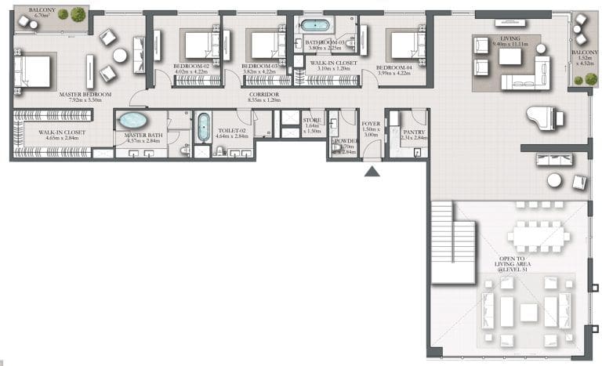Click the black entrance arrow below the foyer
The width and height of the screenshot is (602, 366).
372,170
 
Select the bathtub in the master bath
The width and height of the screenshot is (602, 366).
132,121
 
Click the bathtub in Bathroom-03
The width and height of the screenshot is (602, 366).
317,24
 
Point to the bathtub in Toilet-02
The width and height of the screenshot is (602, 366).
203,126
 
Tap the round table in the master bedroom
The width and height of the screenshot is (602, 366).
120,55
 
